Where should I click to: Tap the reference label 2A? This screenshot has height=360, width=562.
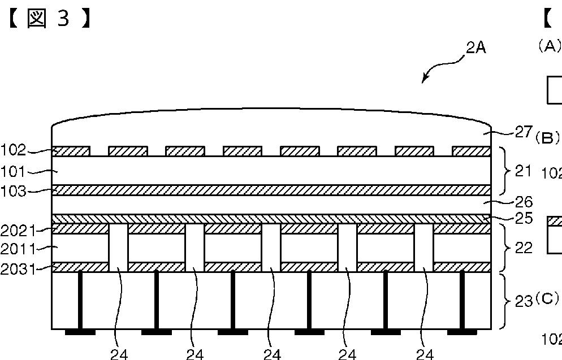475,48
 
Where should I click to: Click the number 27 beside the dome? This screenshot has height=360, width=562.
524,132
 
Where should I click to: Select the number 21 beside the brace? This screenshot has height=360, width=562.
524,170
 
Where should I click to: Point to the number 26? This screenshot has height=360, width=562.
524,202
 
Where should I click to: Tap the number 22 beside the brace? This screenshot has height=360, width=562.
524,248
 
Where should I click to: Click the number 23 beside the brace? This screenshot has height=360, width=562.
524,301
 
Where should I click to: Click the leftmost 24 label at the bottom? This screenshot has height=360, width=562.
119,354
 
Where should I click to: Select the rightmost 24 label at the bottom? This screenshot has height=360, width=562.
425,354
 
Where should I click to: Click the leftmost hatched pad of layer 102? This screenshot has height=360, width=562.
71,151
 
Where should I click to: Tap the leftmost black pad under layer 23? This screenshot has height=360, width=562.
80,332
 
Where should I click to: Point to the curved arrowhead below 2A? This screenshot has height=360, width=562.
425,80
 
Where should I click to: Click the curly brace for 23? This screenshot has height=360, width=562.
505,301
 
